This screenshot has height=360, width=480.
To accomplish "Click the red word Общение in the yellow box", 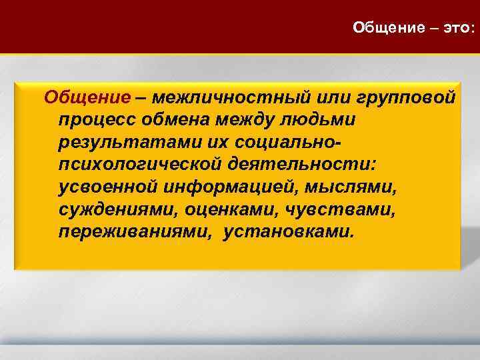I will tap(87, 98).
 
